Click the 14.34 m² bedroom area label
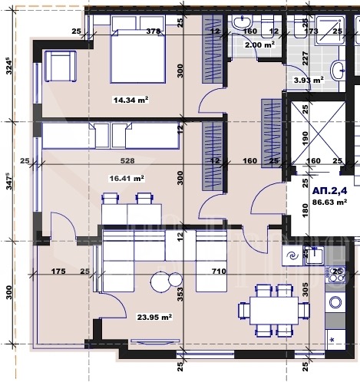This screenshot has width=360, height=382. tap(118, 99)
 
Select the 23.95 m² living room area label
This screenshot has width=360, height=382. tap(154, 316)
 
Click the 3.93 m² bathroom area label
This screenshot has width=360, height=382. tap(309, 79)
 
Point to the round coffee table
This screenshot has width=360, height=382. tap(161, 282)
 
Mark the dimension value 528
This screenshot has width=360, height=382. tap(127, 161)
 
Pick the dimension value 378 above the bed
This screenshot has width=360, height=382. tap(153, 31)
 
